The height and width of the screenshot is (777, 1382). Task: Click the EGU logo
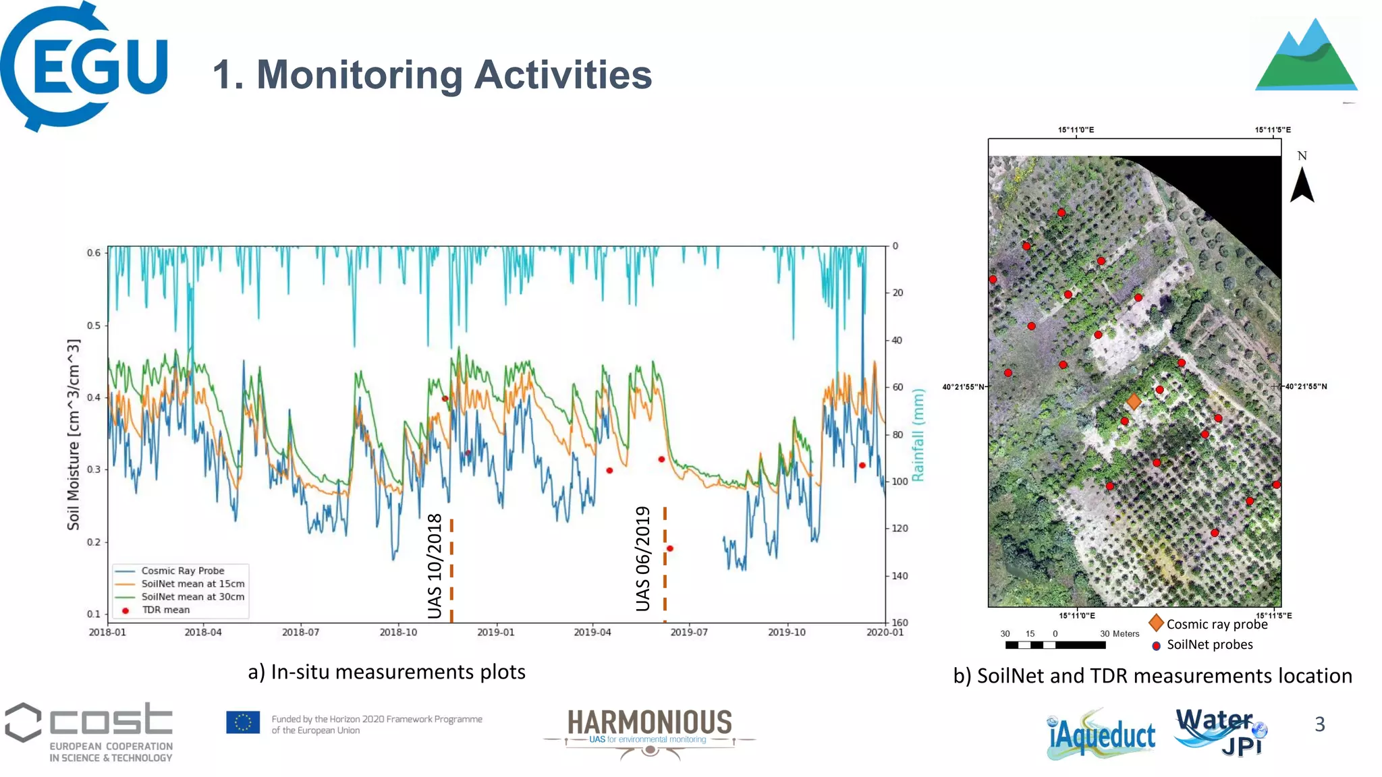tap(84, 66)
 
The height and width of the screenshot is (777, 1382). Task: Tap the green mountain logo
tap(1306, 57)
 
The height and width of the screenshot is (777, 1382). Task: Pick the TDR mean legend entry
tap(165, 610)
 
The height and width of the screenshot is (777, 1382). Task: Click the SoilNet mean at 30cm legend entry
tap(192, 597)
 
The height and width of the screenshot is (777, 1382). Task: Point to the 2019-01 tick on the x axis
tap(495, 632)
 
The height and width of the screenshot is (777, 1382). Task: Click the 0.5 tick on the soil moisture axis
tap(94, 325)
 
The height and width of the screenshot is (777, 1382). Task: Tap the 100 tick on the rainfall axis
tap(900, 482)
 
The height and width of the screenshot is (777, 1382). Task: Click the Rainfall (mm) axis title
tap(918, 435)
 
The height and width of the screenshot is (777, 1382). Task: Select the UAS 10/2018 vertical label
tap(435, 566)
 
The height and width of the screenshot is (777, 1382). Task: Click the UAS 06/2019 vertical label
tap(643, 558)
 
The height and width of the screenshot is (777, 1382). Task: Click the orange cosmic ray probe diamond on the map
tap(1134, 402)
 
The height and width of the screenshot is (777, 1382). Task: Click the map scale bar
tap(1055, 645)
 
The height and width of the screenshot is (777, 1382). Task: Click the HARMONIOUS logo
tap(649, 731)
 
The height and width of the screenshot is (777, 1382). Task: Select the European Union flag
tap(243, 722)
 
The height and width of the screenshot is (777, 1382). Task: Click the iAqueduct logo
tap(1101, 735)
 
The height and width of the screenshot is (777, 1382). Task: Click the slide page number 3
tap(1320, 724)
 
